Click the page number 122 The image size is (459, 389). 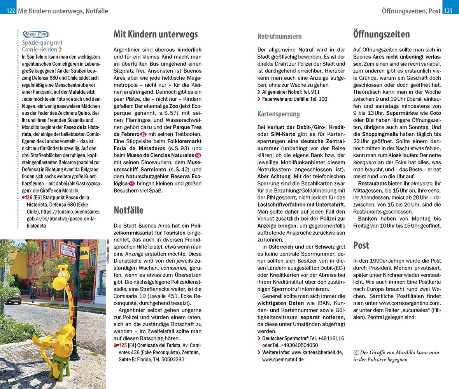[x=11, y=11]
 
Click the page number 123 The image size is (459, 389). [x=448, y=11]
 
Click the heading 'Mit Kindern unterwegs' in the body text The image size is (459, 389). [x=156, y=34]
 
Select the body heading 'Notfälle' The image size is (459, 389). [x=128, y=210]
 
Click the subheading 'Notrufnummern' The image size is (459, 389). [x=279, y=37]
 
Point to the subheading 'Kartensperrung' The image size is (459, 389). [x=279, y=114]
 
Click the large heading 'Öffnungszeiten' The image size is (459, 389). [x=381, y=34]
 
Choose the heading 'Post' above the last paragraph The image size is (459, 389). [x=361, y=245]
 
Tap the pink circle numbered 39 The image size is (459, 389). [x=143, y=134]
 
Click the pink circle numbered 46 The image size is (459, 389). [x=198, y=155]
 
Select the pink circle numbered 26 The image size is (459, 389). [x=131, y=183]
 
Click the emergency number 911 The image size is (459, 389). [x=315, y=92]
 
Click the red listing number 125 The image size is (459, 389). [x=123, y=345]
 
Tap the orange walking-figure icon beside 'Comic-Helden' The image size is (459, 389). [x=60, y=49]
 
